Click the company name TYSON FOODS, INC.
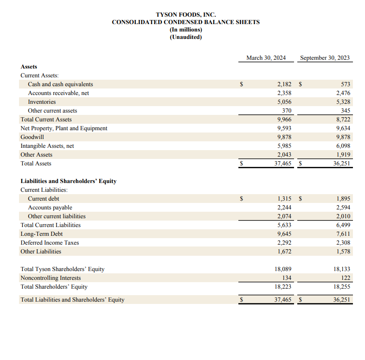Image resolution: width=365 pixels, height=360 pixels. pos(186,15)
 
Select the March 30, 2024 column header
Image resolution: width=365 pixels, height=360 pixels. pos(266,58)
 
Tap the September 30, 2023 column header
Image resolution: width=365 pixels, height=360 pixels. pos(325,58)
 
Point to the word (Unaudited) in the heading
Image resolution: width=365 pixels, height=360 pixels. pos(186,37)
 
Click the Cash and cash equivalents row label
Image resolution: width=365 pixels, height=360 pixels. pos(60,84)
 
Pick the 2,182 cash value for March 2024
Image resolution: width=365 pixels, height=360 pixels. pos(284,84)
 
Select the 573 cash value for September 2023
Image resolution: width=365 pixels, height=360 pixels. pos(346,84)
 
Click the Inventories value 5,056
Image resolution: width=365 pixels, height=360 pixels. pos(284,102)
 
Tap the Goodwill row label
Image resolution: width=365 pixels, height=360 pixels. pos(32,137)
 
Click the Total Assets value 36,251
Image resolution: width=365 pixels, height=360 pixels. pos(342,164)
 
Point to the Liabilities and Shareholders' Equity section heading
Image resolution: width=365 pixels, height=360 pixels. pos(68,181)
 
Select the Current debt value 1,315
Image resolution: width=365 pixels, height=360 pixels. pos(284,199)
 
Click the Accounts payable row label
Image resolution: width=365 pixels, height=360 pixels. pos(50,208)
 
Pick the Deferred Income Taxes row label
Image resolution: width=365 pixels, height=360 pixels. pos(50,243)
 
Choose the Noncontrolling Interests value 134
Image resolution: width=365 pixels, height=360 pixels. pos(286,278)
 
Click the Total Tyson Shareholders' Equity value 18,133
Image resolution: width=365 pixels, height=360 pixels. pos(342,269)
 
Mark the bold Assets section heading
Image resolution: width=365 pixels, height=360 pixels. pos(29,67)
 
